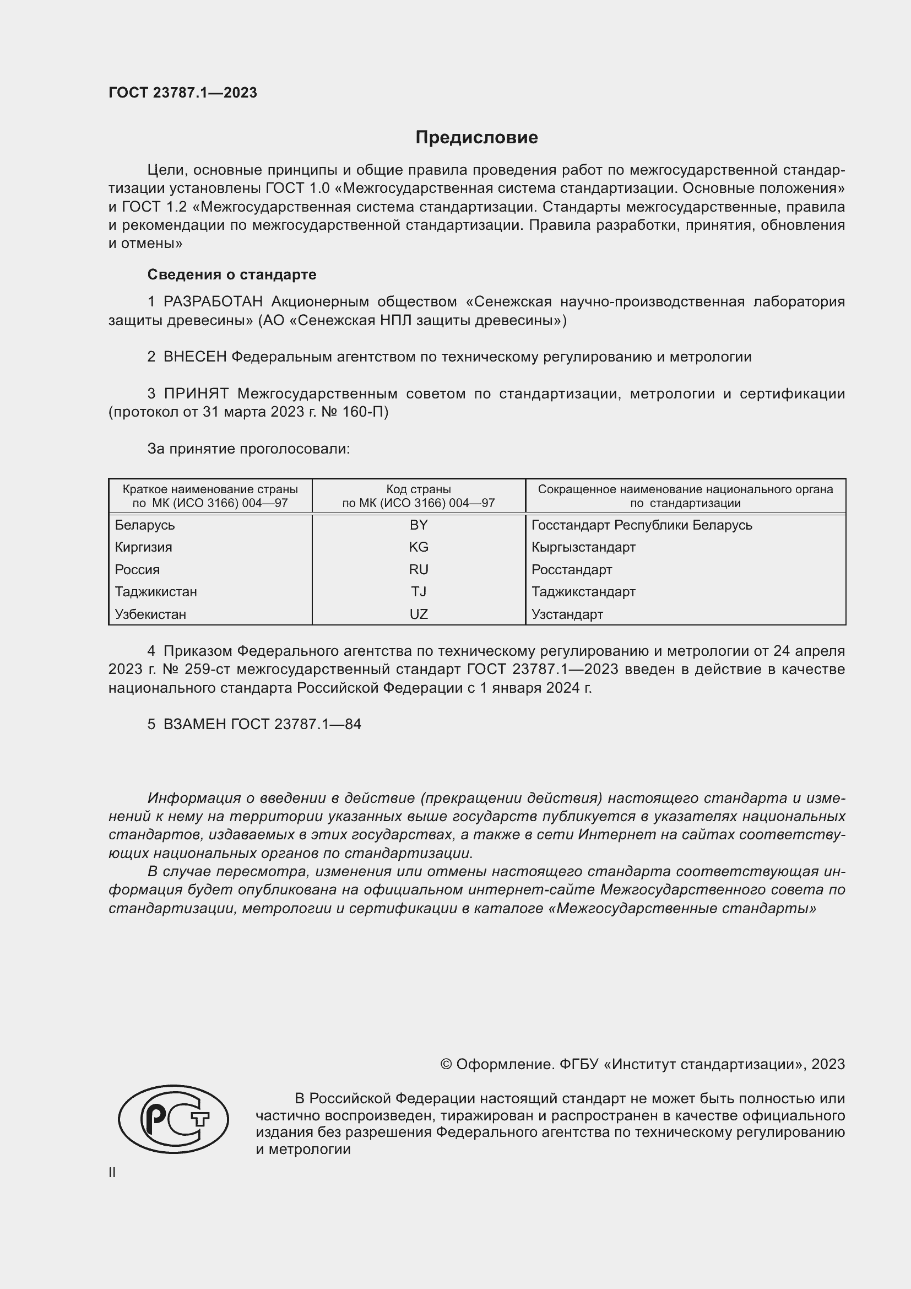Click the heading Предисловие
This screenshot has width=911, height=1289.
click(x=476, y=138)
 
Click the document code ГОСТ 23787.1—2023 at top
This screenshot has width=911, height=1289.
click(x=182, y=93)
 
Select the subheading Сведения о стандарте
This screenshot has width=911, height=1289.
click(x=231, y=274)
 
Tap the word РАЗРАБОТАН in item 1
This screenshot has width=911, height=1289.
click(x=213, y=302)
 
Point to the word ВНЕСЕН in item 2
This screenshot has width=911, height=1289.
click(x=194, y=357)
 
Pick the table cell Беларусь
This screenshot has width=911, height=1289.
click(x=145, y=525)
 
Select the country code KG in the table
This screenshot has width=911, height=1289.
click(x=419, y=547)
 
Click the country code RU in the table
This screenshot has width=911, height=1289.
click(x=419, y=569)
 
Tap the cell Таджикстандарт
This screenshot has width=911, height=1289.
click(x=583, y=592)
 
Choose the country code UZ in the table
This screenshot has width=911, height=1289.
click(x=419, y=614)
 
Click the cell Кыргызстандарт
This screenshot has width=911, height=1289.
click(x=583, y=547)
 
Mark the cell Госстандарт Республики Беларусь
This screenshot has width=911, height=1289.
click(x=642, y=525)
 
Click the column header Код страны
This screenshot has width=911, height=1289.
click(x=419, y=489)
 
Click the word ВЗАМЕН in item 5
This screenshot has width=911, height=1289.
click(x=194, y=724)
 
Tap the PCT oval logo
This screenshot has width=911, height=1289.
click(x=173, y=1119)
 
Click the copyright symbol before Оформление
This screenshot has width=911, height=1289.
click(x=446, y=1065)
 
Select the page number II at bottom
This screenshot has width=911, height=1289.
click(x=112, y=1172)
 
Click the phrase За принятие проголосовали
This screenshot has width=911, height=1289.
click(x=248, y=449)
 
